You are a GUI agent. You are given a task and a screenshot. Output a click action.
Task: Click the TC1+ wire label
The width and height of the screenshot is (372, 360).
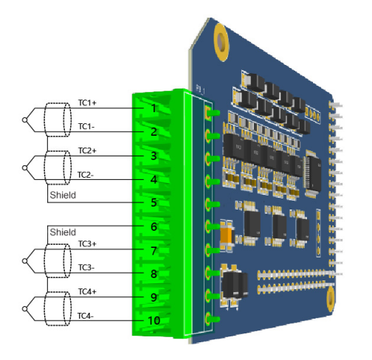point(87,103)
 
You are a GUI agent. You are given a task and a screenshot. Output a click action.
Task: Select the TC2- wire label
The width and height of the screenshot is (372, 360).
point(86,175)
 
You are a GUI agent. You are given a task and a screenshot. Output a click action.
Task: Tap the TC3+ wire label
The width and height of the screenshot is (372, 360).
point(87,243)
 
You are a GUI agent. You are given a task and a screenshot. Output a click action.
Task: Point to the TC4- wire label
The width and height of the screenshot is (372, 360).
point(86,316)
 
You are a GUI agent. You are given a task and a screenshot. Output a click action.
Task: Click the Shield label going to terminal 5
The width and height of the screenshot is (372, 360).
point(63,195)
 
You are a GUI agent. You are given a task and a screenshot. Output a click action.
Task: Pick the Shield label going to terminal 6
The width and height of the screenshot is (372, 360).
point(63,232)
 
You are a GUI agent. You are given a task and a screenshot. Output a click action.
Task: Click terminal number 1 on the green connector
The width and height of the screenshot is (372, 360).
point(154,108)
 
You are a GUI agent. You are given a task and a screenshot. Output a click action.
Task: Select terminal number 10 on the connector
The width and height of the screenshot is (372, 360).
point(154,320)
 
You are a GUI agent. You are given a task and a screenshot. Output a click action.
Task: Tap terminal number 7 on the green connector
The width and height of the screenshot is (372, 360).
point(154,251)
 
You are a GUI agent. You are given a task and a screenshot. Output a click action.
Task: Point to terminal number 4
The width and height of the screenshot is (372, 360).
point(154,179)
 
